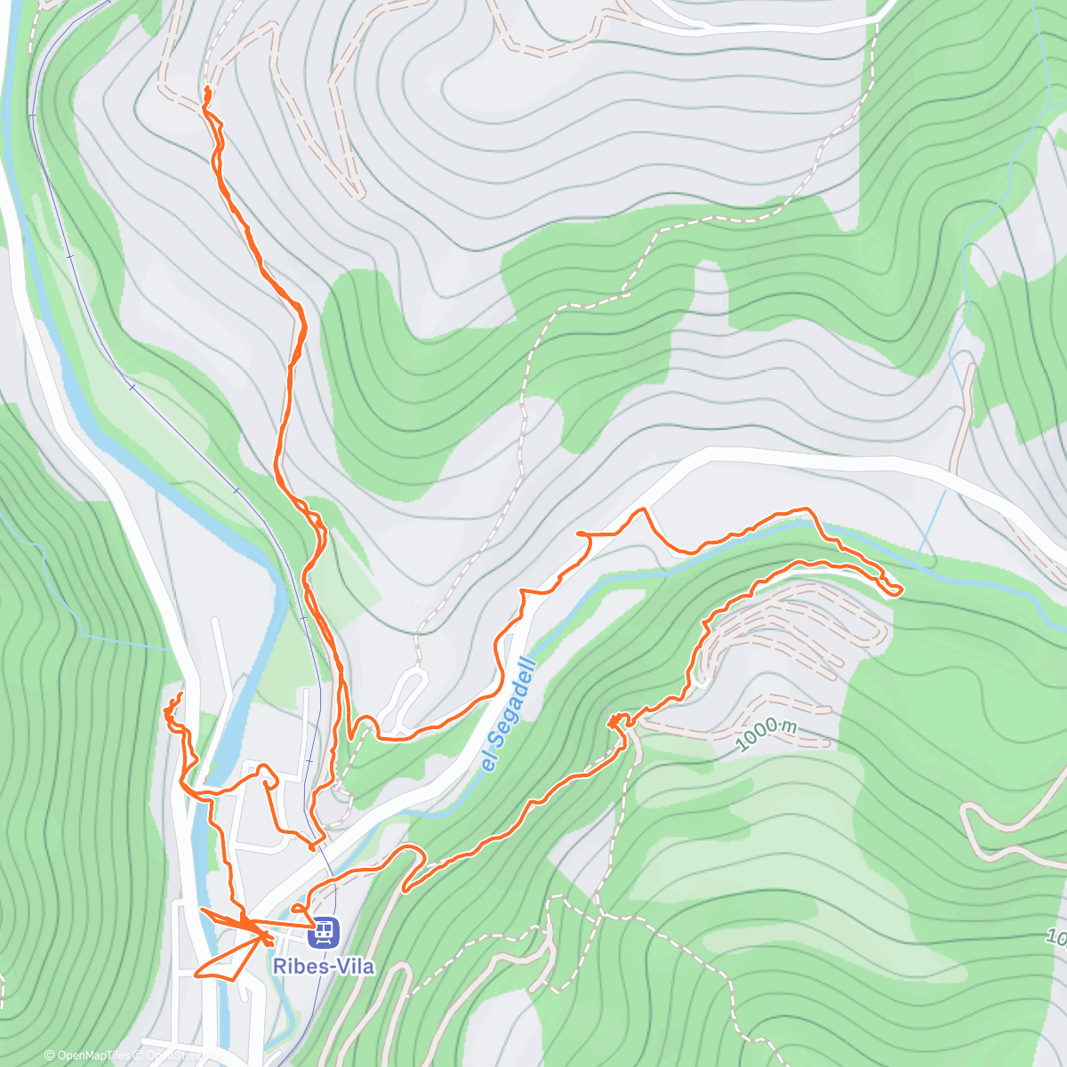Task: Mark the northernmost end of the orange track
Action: point(207,90)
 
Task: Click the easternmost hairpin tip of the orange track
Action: point(900,590)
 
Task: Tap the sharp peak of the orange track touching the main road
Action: point(642,510)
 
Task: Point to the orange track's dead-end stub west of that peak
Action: point(580,533)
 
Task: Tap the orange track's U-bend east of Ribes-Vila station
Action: point(411,854)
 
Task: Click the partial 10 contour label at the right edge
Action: point(1055,936)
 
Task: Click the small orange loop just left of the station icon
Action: point(297,907)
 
